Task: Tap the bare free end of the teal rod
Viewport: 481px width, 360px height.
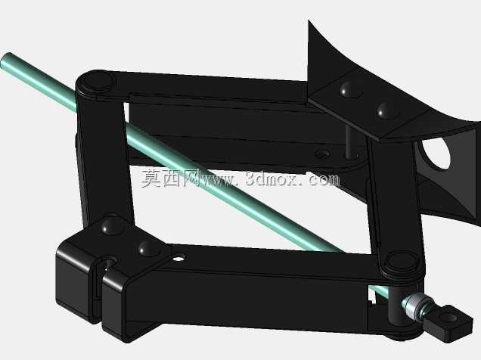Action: (x=7, y=60)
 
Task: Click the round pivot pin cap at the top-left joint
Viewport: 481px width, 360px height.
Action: (x=98, y=81)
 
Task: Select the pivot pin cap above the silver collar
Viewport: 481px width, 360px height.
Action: (x=401, y=261)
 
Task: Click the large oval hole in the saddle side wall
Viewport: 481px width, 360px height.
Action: (x=436, y=153)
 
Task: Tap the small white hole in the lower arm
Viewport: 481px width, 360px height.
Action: (x=178, y=258)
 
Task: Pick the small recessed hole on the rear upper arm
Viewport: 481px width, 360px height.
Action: (x=322, y=154)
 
